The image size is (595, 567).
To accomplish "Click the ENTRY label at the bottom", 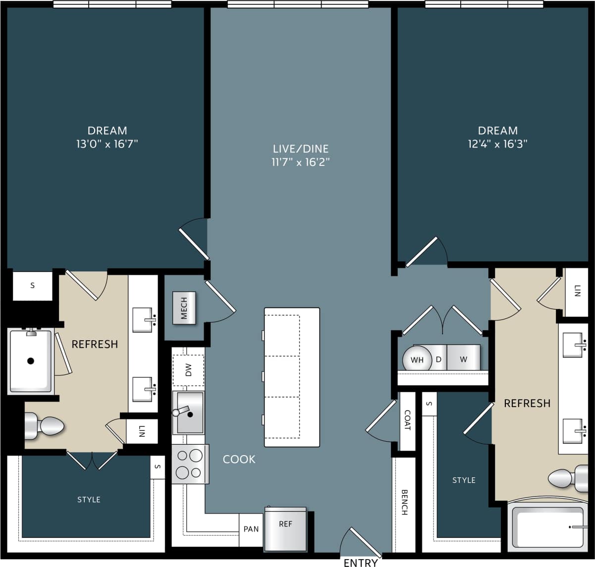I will [361, 562].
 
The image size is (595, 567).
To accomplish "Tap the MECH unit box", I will [184, 308].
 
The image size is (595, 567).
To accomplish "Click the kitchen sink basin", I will [188, 412].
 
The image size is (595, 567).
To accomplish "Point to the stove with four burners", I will [190, 464].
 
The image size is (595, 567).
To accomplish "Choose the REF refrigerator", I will [285, 529].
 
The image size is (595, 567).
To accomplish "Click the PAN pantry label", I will [251, 529].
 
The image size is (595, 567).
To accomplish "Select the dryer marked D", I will [439, 359].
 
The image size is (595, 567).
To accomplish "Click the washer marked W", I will [463, 358].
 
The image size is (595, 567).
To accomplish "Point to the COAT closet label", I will [408, 420].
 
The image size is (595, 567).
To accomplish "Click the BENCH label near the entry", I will [404, 503].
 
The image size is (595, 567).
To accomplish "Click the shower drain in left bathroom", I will [31, 361].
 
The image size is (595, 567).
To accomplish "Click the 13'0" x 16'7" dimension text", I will [107, 144].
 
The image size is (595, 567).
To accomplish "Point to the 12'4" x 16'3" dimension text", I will [497, 144].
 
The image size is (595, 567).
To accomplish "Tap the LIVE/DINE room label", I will [300, 149].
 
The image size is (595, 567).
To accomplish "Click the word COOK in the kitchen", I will [239, 459].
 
